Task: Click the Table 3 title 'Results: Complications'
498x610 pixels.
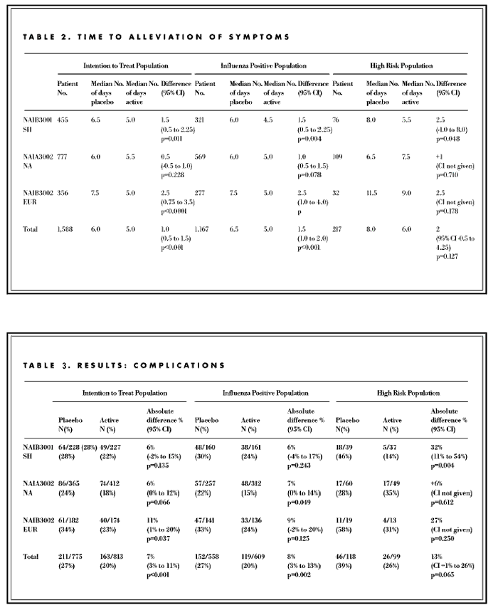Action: pyautogui.click(x=124, y=365)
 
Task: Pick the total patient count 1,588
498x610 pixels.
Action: pyautogui.click(x=67, y=230)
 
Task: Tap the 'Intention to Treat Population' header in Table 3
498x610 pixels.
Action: pyautogui.click(x=125, y=393)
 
